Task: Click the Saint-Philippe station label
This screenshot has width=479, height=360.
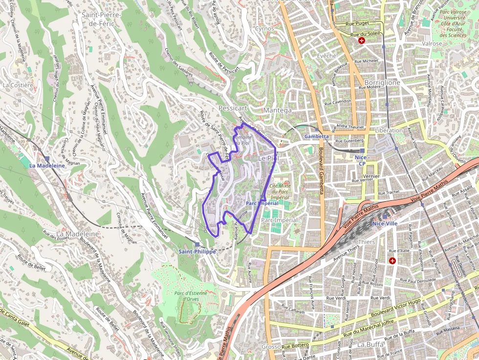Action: (197, 251)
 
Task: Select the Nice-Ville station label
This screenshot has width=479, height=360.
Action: (385, 223)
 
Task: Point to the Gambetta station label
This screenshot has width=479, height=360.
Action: (316, 136)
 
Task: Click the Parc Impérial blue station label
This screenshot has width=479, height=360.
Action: (262, 203)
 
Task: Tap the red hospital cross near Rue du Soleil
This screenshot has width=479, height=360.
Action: (362, 41)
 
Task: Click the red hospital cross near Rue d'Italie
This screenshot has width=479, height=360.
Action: (392, 261)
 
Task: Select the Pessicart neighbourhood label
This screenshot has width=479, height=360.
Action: (234, 107)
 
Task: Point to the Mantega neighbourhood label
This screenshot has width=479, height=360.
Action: (277, 110)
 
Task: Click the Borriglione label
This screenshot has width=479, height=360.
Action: (382, 83)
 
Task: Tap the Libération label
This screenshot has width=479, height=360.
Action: (389, 130)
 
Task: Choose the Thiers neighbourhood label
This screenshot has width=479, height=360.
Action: (367, 242)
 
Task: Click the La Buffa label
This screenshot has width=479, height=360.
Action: (370, 344)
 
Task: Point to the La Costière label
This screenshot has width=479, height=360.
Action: (18, 85)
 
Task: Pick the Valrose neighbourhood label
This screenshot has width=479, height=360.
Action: (432, 43)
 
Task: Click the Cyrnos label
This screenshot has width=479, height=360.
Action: (265, 29)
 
